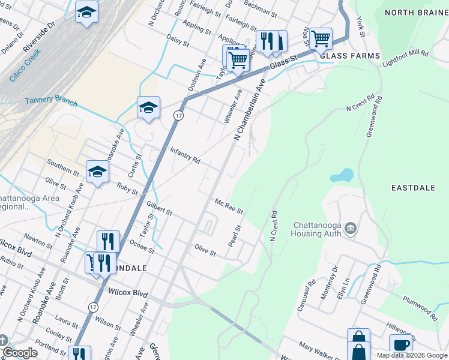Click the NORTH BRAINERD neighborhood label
click(416, 13)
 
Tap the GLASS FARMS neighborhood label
click(350, 56)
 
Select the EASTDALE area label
click(412, 188)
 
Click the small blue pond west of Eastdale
click(341, 175)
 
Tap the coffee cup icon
click(400, 344)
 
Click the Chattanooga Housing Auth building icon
click(351, 228)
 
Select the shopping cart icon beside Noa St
click(321, 38)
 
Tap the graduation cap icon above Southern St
click(97, 172)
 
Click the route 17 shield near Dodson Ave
click(178, 115)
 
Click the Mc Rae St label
click(229, 206)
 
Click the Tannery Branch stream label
click(51, 102)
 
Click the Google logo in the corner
click(20, 353)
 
